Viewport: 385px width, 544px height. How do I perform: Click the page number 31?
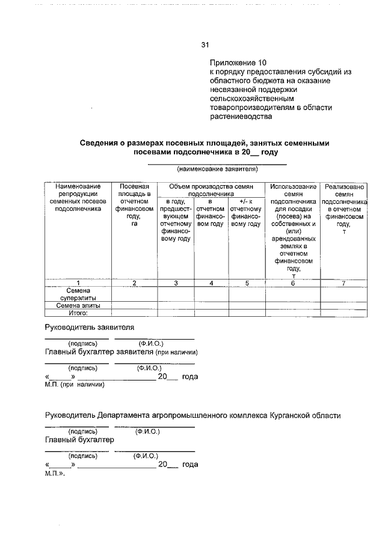tap(205, 44)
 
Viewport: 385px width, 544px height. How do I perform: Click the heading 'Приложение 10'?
tap(237, 63)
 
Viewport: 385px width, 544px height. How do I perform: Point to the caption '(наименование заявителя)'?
tap(217, 170)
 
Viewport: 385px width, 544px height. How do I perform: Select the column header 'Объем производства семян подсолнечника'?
tap(211, 191)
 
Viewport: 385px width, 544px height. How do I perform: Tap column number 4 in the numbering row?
tap(211, 283)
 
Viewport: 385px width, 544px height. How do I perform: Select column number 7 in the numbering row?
tap(343, 283)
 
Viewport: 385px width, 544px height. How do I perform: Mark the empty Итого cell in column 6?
tap(293, 313)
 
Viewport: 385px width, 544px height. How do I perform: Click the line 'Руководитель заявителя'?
tap(90, 327)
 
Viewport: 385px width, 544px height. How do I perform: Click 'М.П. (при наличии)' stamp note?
tap(75, 385)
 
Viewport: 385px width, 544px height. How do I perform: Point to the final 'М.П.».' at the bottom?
tap(55, 474)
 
